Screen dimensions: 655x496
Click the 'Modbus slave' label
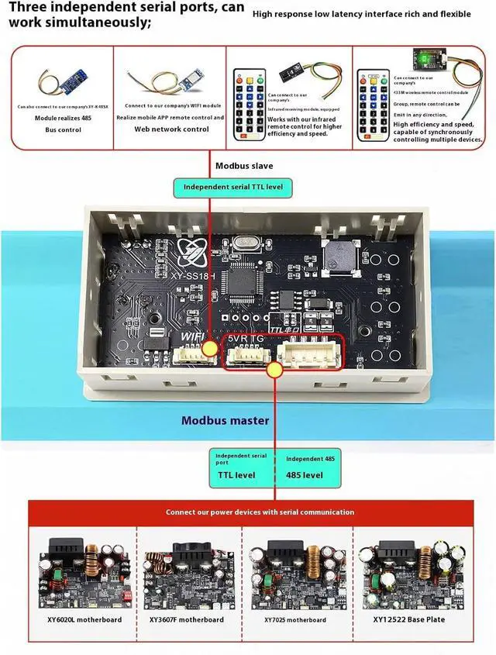pyautogui.click(x=244, y=165)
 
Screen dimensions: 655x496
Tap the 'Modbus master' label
pyautogui.click(x=226, y=420)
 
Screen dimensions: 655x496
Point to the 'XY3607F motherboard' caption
pyautogui.click(x=187, y=619)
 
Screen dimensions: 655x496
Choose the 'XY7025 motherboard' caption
pyautogui.click(x=295, y=619)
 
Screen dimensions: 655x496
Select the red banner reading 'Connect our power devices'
pyautogui.click(x=260, y=512)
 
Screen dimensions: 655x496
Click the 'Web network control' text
pyautogui.click(x=171, y=129)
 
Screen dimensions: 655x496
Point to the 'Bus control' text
pyautogui.click(x=64, y=129)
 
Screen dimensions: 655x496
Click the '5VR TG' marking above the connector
pyautogui.click(x=246, y=340)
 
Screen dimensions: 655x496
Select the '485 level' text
pyautogui.click(x=305, y=474)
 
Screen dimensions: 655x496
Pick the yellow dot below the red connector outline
pyautogui.click(x=274, y=371)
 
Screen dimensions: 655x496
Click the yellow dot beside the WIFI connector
pyautogui.click(x=209, y=350)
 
